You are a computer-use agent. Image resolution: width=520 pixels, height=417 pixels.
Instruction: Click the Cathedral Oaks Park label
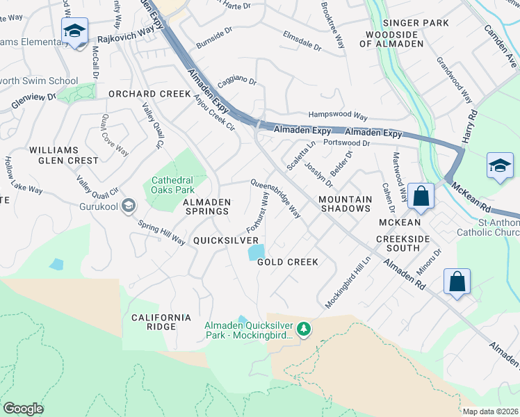172,184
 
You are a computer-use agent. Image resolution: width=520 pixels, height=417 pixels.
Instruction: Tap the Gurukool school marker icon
128,205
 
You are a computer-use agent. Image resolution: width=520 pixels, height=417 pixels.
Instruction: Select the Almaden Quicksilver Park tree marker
303,328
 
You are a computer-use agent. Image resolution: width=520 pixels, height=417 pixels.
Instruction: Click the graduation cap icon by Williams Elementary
74,31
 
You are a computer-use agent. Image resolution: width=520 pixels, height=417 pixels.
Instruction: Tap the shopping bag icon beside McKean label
421,197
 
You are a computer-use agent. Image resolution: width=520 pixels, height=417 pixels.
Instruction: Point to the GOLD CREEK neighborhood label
288,262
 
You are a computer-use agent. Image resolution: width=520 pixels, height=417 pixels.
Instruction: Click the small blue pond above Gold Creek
256,252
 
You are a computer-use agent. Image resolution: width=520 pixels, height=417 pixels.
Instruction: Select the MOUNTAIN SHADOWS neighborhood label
345,204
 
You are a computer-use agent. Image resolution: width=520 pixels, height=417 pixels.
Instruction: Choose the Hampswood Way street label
338,116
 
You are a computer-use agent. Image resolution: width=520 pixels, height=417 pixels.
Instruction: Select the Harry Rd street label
472,123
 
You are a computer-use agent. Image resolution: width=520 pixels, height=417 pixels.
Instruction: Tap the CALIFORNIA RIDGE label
161,322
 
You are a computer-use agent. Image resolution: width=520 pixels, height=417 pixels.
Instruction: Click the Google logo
24,409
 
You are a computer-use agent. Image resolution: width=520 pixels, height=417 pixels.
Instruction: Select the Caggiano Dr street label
237,82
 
